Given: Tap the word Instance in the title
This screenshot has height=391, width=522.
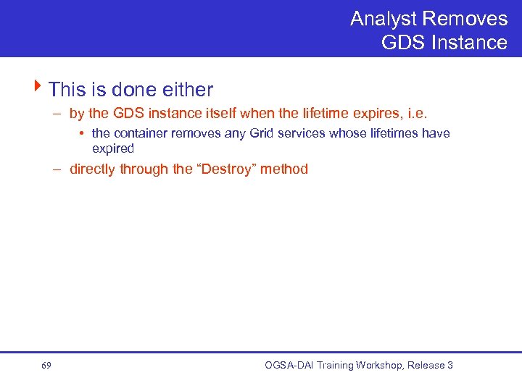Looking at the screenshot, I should pyautogui.click(x=469, y=43).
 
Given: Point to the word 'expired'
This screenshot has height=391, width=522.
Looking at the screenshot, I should pyautogui.click(x=113, y=148).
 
